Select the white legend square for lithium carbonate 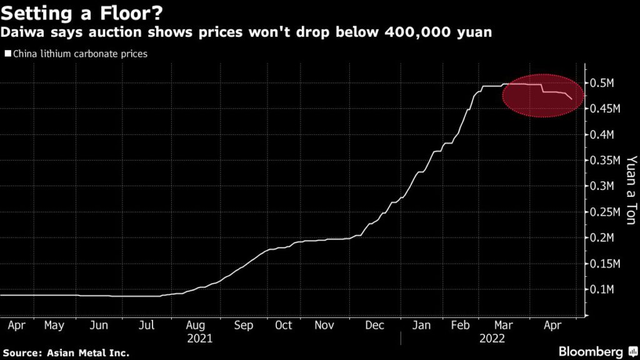(x=7, y=54)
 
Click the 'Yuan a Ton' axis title (x=631, y=186)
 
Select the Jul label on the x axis (x=146, y=325)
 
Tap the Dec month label (x=374, y=325)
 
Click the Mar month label (x=503, y=325)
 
